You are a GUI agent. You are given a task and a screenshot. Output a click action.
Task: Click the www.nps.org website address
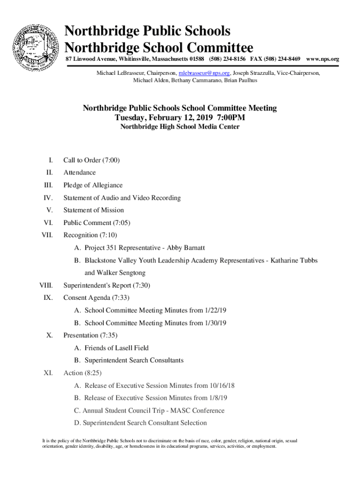click(322, 59)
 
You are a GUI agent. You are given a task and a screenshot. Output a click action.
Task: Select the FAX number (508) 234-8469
click(283, 59)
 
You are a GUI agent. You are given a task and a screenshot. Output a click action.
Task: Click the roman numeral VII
click(47, 235)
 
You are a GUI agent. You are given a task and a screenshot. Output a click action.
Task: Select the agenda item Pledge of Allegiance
click(93, 185)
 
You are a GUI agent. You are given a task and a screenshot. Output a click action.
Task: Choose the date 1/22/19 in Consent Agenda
click(216, 310)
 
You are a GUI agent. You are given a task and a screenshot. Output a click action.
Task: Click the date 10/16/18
click(222, 385)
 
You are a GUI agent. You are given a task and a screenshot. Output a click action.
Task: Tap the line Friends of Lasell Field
click(116, 348)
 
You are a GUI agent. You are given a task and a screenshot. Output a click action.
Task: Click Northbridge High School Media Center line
click(180, 127)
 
